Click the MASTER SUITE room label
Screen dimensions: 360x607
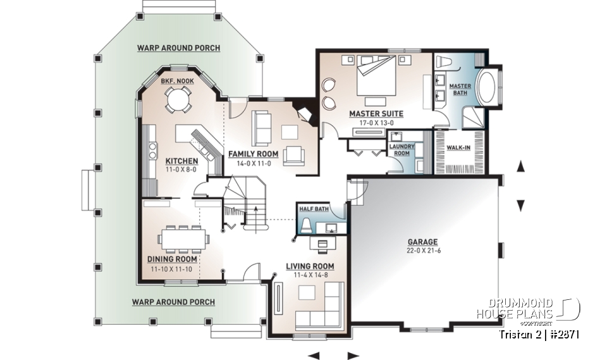coord(376,114)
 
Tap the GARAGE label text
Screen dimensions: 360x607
coord(422,242)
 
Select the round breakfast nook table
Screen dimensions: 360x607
coord(177,98)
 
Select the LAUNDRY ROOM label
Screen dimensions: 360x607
coord(401,150)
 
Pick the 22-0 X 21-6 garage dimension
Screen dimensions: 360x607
coord(422,251)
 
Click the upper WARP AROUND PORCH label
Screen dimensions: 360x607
coord(179,48)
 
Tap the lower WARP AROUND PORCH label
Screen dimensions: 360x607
coord(173,302)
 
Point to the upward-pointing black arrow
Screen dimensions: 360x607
coord(521,166)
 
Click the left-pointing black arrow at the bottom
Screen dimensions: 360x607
coord(314,355)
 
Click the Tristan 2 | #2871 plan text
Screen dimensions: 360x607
coord(539,333)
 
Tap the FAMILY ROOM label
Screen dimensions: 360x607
coord(254,154)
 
